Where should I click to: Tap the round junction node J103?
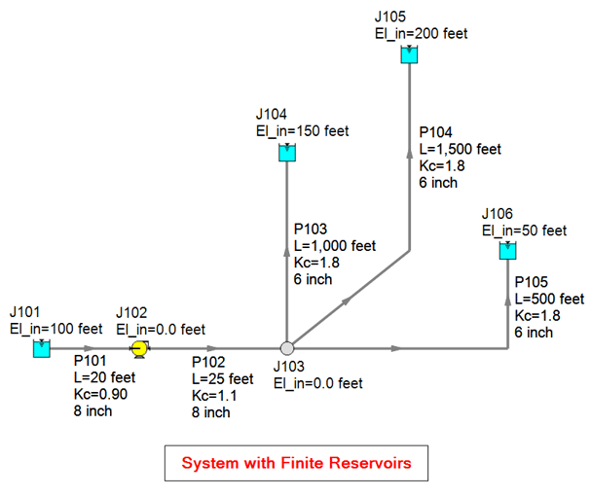pyautogui.click(x=287, y=348)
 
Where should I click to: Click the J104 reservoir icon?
pyautogui.click(x=287, y=153)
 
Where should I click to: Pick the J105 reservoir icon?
pyautogui.click(x=409, y=55)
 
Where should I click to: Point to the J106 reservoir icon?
pyautogui.click(x=507, y=251)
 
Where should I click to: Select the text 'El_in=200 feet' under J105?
pyautogui.click(x=421, y=33)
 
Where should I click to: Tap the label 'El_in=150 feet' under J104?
pyautogui.click(x=302, y=131)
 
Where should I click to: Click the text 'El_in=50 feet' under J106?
pyautogui.click(x=524, y=230)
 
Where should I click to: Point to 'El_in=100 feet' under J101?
pyautogui.click(x=55, y=329)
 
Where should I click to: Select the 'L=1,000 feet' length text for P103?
pyautogui.click(x=335, y=246)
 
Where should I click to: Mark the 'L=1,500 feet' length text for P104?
pyautogui.click(x=460, y=149)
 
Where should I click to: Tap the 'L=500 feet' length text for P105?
pyautogui.click(x=549, y=299)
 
